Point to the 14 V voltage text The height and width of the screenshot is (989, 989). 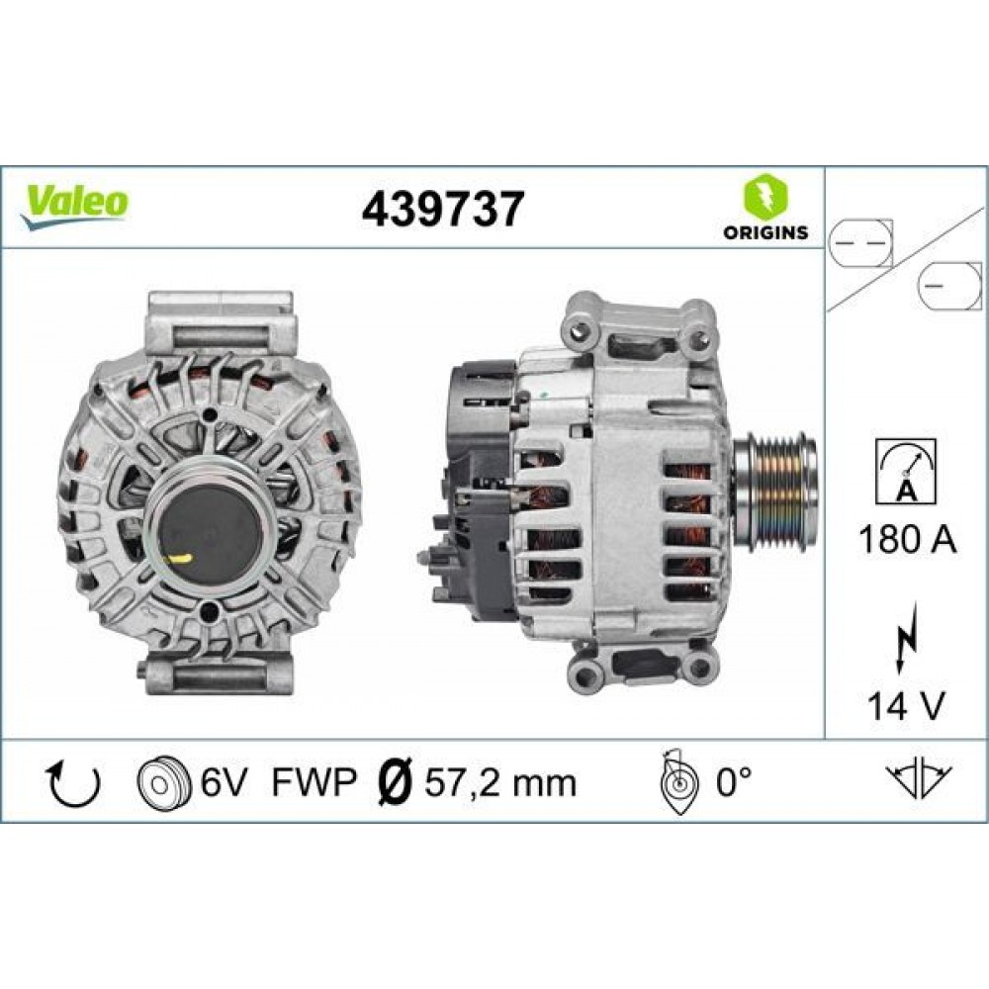[905, 705]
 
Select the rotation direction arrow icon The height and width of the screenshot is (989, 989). [74, 783]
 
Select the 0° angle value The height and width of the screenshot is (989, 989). [733, 783]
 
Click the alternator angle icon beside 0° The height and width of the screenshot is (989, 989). [677, 781]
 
